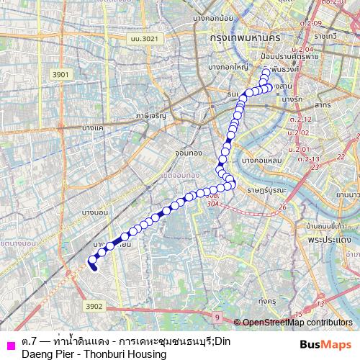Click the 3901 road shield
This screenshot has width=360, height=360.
coord(60,74)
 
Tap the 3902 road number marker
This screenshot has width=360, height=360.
coord(93,306)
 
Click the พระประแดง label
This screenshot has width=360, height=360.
coord(328,238)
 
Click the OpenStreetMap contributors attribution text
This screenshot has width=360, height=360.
coord(297,323)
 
